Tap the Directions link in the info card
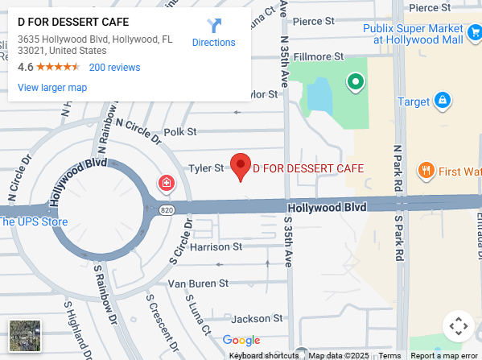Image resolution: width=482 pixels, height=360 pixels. (x=213, y=34)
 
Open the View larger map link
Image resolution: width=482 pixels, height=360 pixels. (x=52, y=88)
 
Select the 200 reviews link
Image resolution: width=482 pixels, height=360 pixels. (x=114, y=68)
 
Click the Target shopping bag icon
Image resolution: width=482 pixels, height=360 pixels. (x=441, y=101)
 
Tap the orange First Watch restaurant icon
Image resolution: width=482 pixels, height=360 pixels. (x=426, y=171)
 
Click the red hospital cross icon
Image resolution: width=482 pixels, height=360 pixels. (x=167, y=184)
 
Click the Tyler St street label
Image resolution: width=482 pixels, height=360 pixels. (x=205, y=168)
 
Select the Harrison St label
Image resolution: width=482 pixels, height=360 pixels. (x=216, y=246)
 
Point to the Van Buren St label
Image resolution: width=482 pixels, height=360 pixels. (x=198, y=283)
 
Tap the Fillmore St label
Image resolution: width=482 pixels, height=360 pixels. (x=319, y=56)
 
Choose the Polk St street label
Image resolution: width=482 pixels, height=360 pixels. (x=179, y=131)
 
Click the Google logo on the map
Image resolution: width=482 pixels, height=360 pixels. (x=241, y=341)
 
